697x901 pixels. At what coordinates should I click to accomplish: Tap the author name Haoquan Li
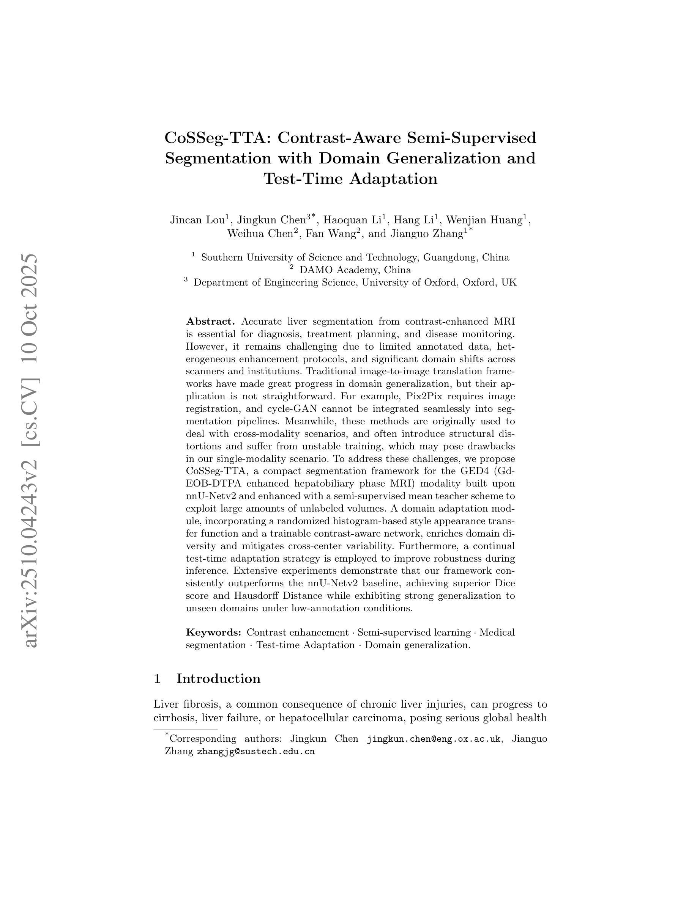point(354,220)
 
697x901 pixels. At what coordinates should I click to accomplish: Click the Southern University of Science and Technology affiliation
point(355,257)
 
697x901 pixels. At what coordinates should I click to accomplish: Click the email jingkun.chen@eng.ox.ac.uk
point(434,739)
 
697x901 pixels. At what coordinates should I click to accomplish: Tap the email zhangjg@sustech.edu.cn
point(255,752)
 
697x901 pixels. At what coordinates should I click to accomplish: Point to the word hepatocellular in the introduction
point(314,718)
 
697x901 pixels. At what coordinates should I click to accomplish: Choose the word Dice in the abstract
point(505,583)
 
